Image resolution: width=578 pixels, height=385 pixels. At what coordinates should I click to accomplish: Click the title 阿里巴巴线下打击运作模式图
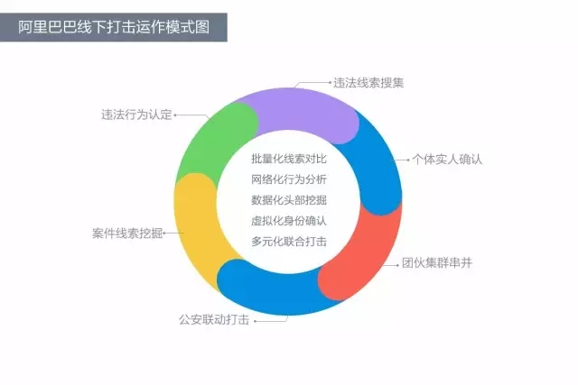(114, 27)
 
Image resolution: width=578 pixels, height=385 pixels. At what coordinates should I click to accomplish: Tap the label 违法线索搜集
(368, 83)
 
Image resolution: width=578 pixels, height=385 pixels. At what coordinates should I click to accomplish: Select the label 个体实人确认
(447, 160)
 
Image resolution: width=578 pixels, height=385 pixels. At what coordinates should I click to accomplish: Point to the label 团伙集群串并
(437, 263)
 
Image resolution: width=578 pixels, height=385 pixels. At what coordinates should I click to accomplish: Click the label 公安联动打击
(214, 319)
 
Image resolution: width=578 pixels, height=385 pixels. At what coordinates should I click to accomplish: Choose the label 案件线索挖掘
(127, 233)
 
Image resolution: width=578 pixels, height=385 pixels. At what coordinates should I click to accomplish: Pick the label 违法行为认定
(136, 115)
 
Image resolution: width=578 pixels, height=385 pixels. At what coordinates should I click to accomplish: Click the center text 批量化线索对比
(289, 159)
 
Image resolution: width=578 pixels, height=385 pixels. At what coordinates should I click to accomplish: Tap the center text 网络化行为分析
(289, 179)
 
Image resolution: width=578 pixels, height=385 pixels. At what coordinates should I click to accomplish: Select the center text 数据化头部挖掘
(289, 200)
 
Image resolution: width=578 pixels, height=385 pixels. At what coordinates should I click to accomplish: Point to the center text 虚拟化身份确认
(289, 221)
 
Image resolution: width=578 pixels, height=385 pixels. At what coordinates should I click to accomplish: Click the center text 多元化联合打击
(289, 242)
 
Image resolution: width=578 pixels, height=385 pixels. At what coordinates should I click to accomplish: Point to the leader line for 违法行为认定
(192, 115)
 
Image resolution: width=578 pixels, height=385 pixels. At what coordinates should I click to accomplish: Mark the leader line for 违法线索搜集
(312, 83)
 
